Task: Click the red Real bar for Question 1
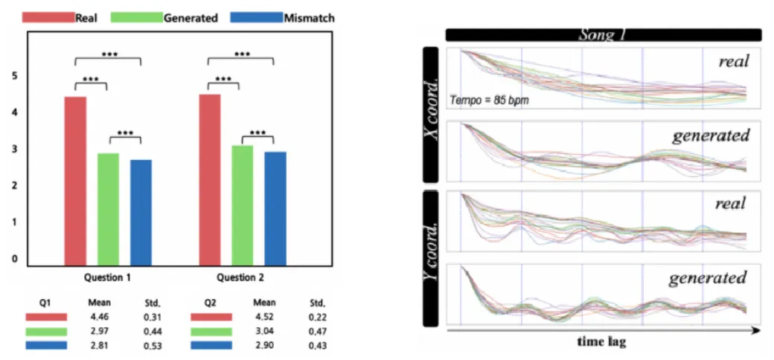[x=75, y=181]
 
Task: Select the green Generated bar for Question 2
[x=242, y=205]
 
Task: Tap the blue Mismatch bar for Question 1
[x=141, y=213]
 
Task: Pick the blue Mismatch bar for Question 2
[x=275, y=208]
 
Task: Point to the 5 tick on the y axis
[x=15, y=76]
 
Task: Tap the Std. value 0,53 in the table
[x=153, y=345]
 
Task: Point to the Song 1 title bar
[x=603, y=34]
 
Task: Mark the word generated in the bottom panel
[x=707, y=278]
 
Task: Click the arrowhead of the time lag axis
[x=756, y=328]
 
